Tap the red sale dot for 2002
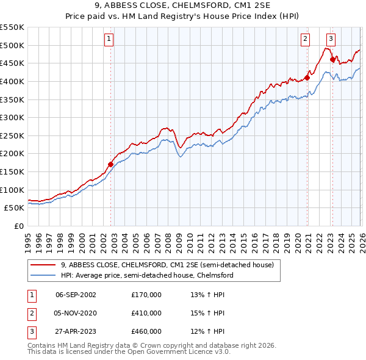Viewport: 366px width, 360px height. tap(110, 164)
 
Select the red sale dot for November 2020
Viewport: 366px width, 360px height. tap(307, 77)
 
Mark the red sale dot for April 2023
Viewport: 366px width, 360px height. tap(332, 59)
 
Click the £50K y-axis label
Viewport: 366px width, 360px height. tap(14, 208)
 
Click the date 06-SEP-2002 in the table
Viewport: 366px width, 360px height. tap(76, 295)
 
